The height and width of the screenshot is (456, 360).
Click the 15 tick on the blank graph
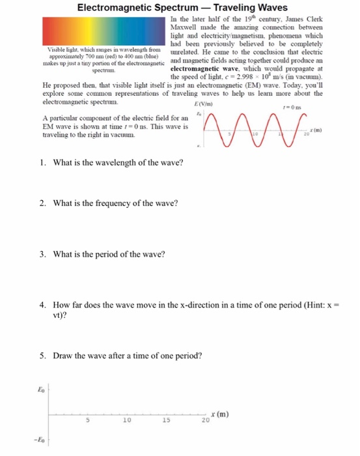166,421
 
